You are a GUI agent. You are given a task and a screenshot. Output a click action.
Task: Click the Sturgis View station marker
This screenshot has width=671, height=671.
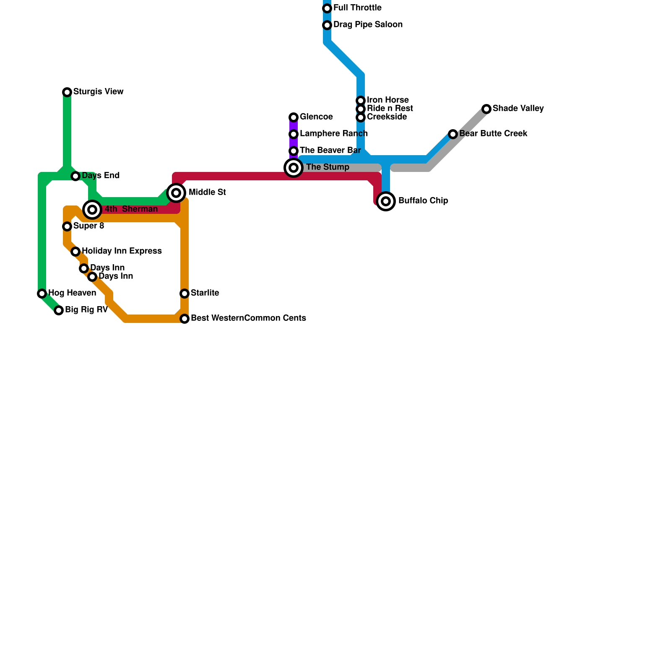pos(67,92)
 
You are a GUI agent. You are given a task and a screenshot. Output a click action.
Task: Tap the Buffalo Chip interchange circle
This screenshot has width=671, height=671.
pos(386,201)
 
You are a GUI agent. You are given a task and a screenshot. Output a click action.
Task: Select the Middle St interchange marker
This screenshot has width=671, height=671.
pos(177,193)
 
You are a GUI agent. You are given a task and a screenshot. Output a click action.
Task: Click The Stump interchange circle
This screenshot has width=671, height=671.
pos(294,168)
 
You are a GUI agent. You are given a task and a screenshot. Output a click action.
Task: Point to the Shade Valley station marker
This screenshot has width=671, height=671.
pos(486,109)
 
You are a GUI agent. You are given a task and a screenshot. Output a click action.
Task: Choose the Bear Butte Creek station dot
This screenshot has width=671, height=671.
pos(453,134)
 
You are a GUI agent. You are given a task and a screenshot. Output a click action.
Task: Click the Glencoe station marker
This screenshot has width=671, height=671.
pos(294,117)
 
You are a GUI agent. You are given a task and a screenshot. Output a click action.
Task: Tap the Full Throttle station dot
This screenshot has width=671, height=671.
pos(327,8)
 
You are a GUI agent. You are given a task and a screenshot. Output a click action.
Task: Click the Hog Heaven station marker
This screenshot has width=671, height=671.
pos(42,294)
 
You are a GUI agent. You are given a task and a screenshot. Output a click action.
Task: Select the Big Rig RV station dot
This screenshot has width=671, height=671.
pos(59,310)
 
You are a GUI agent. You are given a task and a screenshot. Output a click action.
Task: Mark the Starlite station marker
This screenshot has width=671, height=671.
pos(185,294)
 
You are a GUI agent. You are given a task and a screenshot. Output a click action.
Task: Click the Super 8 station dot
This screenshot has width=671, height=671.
pos(67,226)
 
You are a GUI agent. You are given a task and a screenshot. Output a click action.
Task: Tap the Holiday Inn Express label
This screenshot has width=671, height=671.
pos(122,251)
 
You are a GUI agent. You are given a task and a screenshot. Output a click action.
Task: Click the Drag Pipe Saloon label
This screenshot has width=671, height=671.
pos(368,25)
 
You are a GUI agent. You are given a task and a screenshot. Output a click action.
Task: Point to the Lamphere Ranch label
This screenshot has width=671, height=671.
pos(333,134)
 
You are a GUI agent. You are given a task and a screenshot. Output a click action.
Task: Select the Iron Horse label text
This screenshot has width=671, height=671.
pos(388,100)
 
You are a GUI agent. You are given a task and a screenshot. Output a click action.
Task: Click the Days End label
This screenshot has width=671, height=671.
pos(101,176)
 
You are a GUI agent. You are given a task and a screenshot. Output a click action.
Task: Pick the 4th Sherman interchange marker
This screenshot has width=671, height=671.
pos(93,210)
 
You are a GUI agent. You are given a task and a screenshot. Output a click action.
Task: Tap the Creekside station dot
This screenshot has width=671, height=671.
pos(361,117)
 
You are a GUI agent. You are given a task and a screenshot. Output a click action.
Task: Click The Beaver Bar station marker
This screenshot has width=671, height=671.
pos(294,151)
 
